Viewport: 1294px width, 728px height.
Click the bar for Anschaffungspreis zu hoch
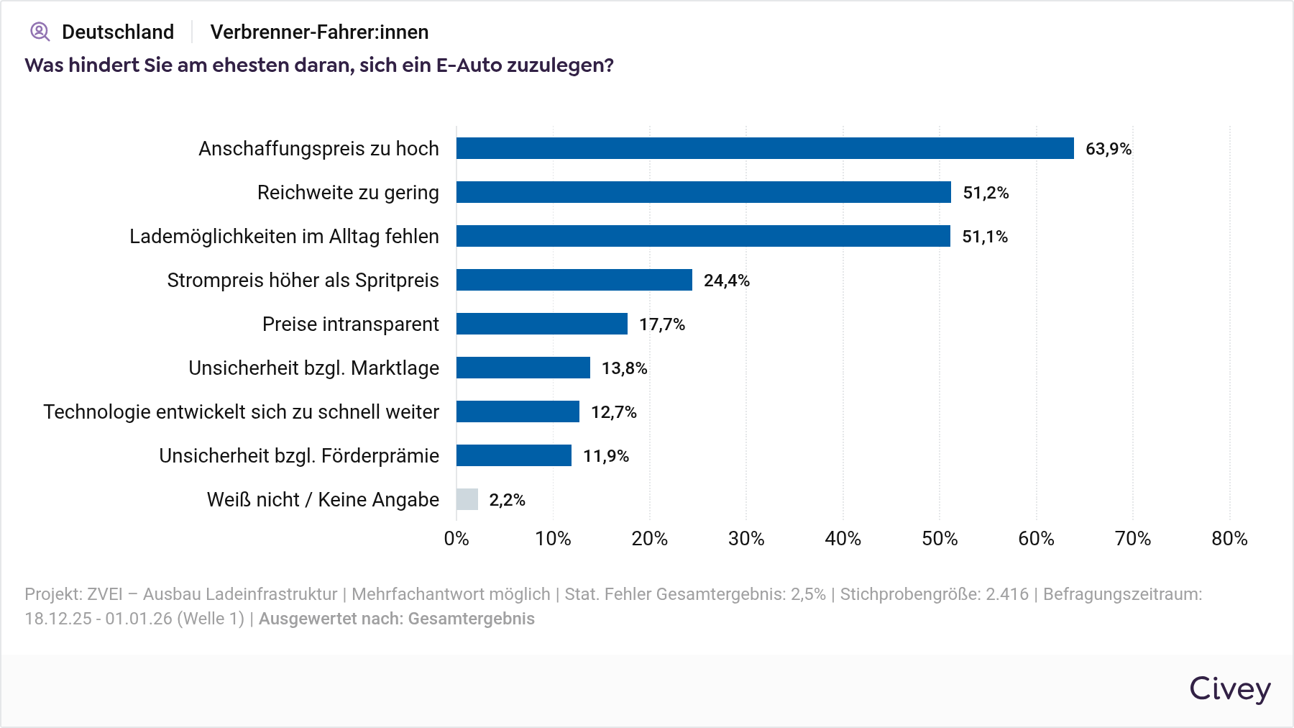765,148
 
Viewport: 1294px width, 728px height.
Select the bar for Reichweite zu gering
703,192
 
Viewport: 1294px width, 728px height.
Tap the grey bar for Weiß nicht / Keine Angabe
467,499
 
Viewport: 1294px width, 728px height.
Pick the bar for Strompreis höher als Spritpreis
574,280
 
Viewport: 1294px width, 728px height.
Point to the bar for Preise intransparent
541,324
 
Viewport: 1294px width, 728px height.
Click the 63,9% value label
1108,149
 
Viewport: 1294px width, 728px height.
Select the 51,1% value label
985,237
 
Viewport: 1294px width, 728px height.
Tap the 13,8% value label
624,368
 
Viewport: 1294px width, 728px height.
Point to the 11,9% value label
605,456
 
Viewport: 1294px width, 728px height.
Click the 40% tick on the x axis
843,539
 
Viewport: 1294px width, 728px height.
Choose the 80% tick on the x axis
1229,539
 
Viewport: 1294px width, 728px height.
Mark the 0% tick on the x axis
456,539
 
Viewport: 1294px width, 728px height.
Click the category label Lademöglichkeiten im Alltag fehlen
284,237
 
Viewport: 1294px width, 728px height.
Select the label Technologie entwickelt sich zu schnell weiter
241,412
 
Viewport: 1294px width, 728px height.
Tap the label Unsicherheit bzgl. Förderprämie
299,456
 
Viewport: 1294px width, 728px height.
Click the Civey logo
1230,689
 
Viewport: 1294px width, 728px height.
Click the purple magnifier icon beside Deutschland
40,32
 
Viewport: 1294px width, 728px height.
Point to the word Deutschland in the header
118,32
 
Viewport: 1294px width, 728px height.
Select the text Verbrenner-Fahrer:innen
319,32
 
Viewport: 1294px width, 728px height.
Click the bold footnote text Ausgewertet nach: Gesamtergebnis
396,619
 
